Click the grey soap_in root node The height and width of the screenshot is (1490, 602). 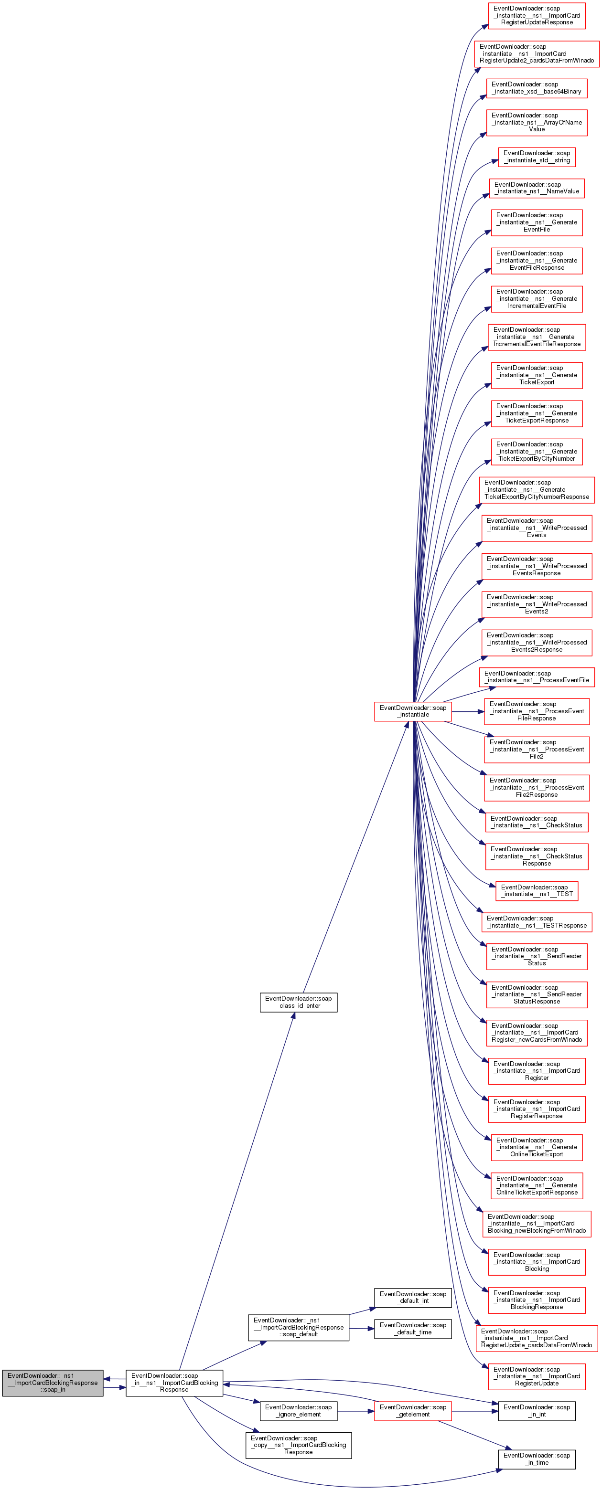point(53,1383)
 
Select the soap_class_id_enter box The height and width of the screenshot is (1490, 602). point(298,1002)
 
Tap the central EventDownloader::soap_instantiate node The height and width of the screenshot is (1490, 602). point(413,711)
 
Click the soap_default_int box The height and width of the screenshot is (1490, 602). point(413,1298)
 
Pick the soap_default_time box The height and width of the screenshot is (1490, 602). point(413,1329)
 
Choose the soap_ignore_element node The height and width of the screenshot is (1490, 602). point(298,1410)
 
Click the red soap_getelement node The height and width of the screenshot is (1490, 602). point(413,1410)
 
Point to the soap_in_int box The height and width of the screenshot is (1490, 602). point(537,1410)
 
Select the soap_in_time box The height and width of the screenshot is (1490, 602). point(537,1459)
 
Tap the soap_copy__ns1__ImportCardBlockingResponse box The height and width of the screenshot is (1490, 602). point(298,1445)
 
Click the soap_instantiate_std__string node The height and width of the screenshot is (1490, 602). point(537,157)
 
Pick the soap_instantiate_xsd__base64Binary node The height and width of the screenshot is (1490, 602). point(537,88)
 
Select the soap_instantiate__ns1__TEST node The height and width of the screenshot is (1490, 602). point(537,890)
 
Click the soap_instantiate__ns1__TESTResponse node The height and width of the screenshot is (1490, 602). point(537,921)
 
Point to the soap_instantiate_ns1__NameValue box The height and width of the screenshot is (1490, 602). point(537,188)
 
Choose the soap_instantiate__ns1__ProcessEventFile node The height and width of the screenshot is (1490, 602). point(537,677)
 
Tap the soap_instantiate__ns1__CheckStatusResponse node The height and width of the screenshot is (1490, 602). point(537,856)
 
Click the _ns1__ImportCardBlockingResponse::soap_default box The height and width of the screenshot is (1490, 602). point(298,1327)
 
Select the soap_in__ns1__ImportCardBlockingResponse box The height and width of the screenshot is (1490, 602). point(174,1383)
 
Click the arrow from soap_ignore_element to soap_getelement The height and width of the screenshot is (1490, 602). point(355,1411)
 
